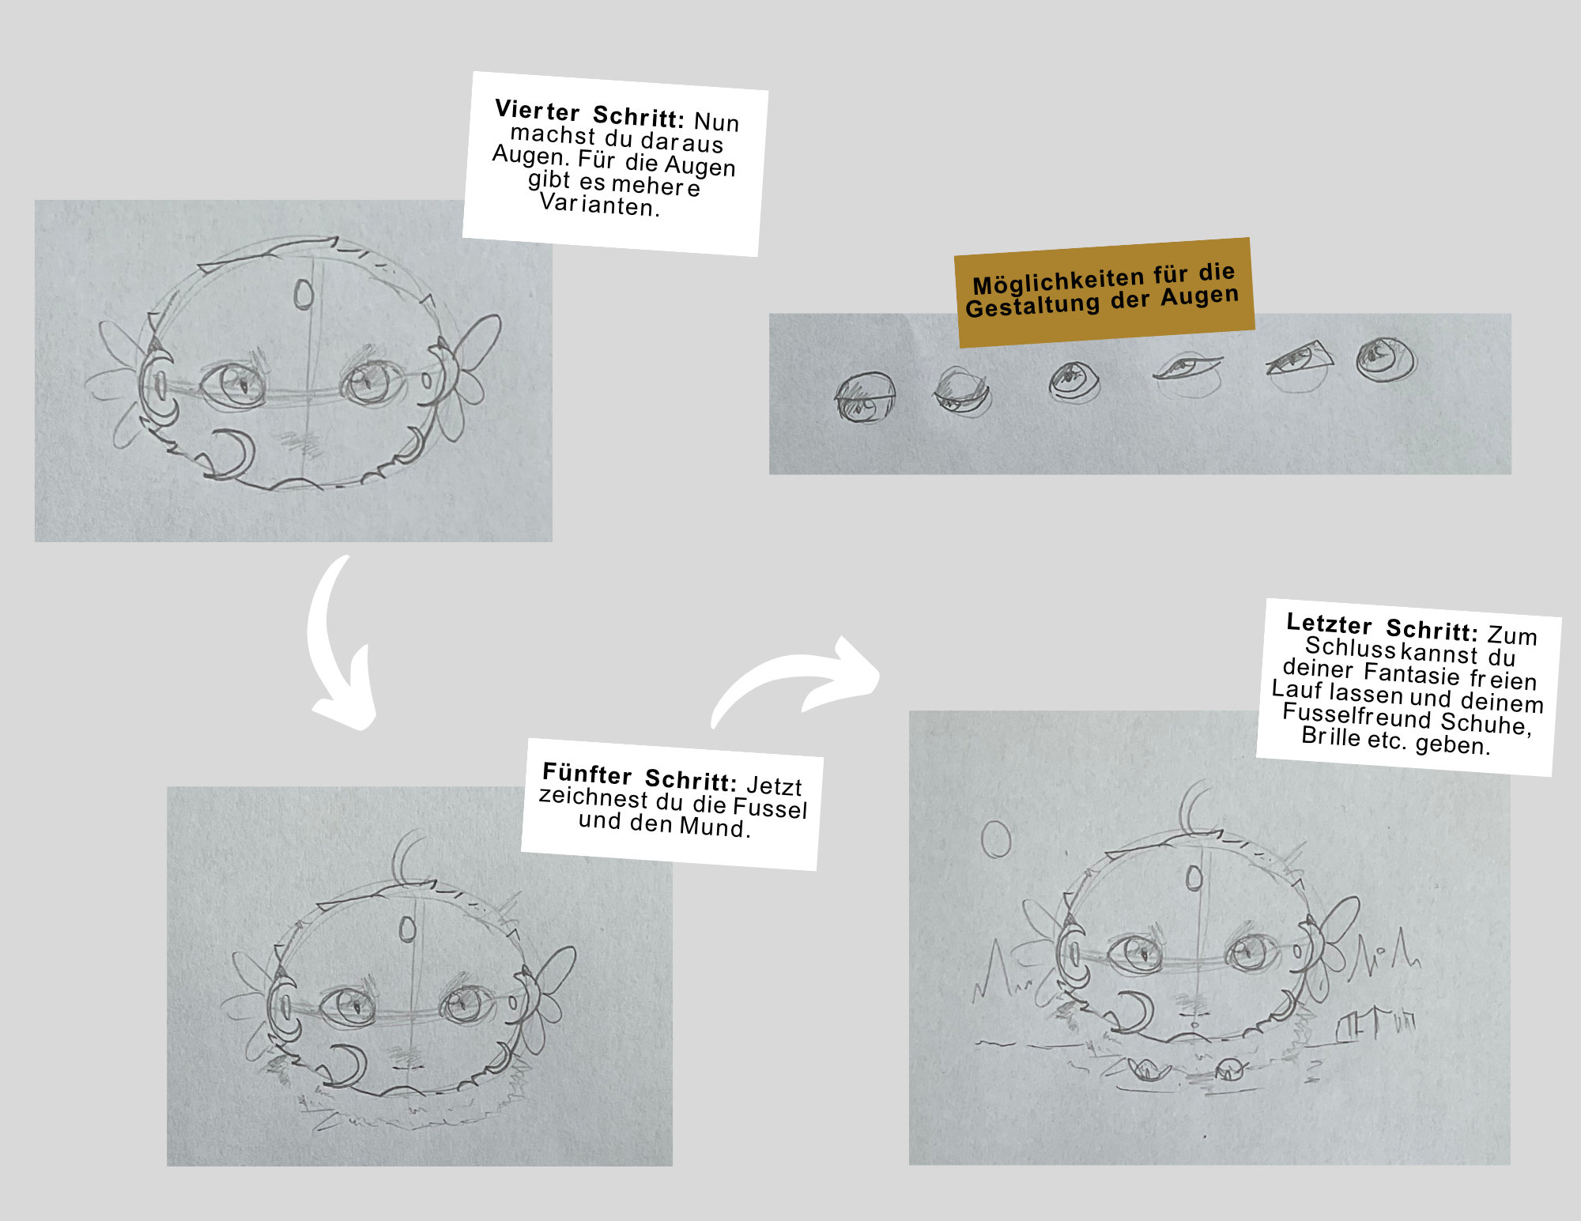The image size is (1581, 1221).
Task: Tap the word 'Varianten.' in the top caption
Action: pyautogui.click(x=599, y=205)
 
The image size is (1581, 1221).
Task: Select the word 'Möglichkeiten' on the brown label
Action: pyautogui.click(x=1058, y=280)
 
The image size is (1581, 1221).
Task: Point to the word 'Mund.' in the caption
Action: pyautogui.click(x=714, y=827)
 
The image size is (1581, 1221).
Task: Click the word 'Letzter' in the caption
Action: pyautogui.click(x=1329, y=624)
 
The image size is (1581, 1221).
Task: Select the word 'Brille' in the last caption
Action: pyautogui.click(x=1331, y=737)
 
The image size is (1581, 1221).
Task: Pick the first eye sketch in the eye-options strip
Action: pyautogui.click(x=866, y=398)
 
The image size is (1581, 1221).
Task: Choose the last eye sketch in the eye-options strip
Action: pyautogui.click(x=1385, y=360)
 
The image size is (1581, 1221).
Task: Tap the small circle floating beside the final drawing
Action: pyautogui.click(x=996, y=838)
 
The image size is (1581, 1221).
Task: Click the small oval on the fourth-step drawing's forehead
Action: pyautogui.click(x=304, y=294)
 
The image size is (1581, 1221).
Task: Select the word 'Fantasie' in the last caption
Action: pyautogui.click(x=1412, y=674)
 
